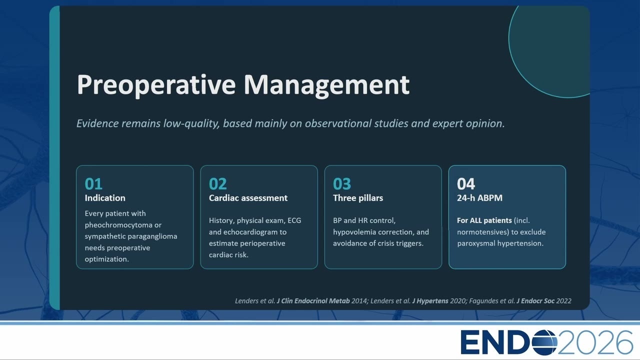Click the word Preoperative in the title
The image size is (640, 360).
(x=156, y=85)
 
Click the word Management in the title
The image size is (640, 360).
(x=326, y=85)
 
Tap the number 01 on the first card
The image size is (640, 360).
(x=93, y=183)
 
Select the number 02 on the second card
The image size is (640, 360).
(x=217, y=183)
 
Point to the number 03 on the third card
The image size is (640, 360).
(x=341, y=183)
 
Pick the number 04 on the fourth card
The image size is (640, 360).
(x=465, y=183)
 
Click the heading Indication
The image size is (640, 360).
(x=105, y=198)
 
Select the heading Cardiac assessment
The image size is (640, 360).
(x=248, y=198)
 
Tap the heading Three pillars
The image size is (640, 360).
(x=358, y=198)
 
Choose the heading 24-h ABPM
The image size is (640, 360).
(x=479, y=198)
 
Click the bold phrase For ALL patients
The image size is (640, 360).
(x=484, y=220)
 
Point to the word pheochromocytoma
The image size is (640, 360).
(x=118, y=225)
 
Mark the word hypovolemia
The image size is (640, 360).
(x=353, y=232)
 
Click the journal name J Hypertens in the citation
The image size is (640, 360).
(x=430, y=301)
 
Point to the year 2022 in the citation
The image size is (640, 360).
(x=563, y=301)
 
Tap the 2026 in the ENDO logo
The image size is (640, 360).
(x=595, y=342)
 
